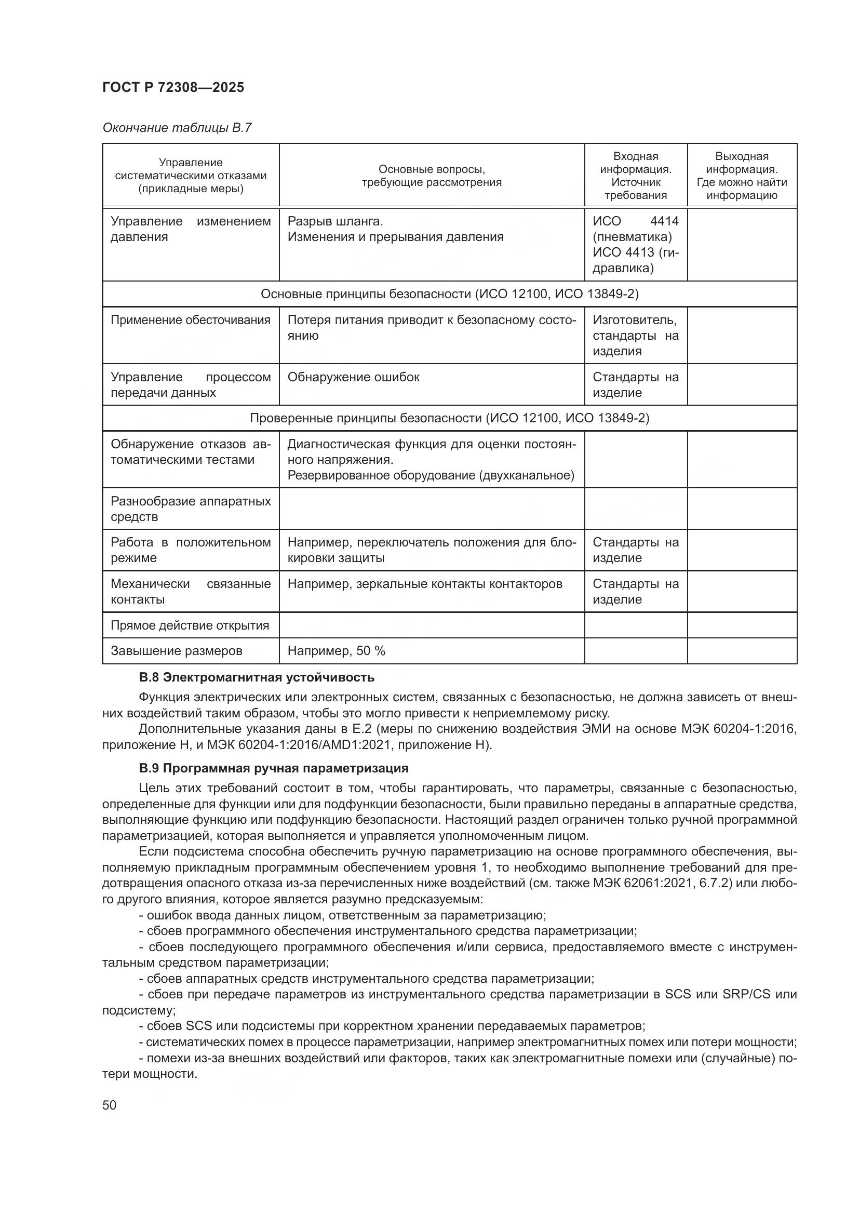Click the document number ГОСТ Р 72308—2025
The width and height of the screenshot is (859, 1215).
click(x=173, y=88)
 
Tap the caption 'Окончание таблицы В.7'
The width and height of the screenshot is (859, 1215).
click(x=177, y=128)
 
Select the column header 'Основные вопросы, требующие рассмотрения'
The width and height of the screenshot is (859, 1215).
click(x=431, y=176)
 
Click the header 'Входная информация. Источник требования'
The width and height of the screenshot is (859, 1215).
click(x=635, y=176)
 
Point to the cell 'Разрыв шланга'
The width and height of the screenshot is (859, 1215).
click(x=335, y=221)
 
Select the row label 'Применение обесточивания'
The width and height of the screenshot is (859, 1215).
click(x=191, y=320)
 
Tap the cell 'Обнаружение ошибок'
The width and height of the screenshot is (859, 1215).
click(x=353, y=377)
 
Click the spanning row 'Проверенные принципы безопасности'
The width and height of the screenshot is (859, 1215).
click(x=449, y=419)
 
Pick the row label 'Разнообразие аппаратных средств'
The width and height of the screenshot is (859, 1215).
click(x=191, y=509)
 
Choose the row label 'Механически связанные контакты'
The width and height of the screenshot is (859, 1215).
click(x=191, y=592)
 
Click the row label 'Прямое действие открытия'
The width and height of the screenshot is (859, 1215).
click(x=190, y=625)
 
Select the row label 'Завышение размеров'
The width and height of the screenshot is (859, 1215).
click(x=176, y=651)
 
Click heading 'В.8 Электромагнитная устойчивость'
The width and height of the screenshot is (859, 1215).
click(x=257, y=677)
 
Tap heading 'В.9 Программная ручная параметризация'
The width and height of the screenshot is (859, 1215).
click(x=274, y=768)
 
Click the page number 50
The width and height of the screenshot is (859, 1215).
click(x=110, y=1105)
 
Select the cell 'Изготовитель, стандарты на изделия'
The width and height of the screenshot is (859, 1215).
click(x=635, y=336)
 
